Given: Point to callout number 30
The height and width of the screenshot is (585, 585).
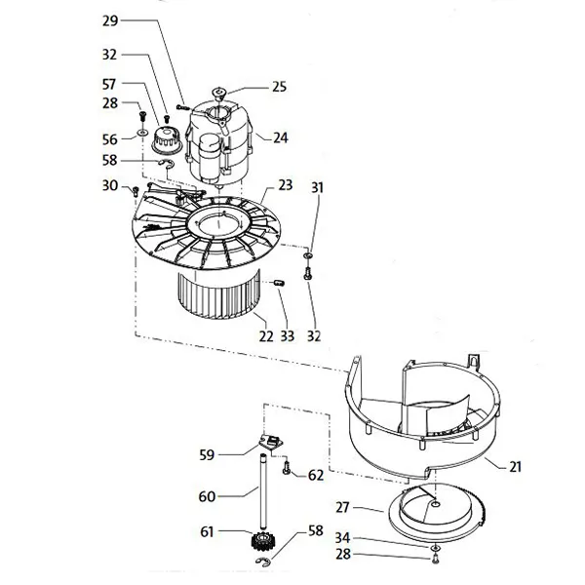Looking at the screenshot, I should [109, 185].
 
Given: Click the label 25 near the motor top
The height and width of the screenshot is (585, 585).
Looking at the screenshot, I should [280, 87].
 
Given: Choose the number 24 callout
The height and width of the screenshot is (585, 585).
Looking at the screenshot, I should [281, 138].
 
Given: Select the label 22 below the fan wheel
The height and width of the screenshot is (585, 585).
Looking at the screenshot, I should [265, 336].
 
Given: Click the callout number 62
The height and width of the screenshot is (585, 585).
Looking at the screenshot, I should [315, 475].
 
